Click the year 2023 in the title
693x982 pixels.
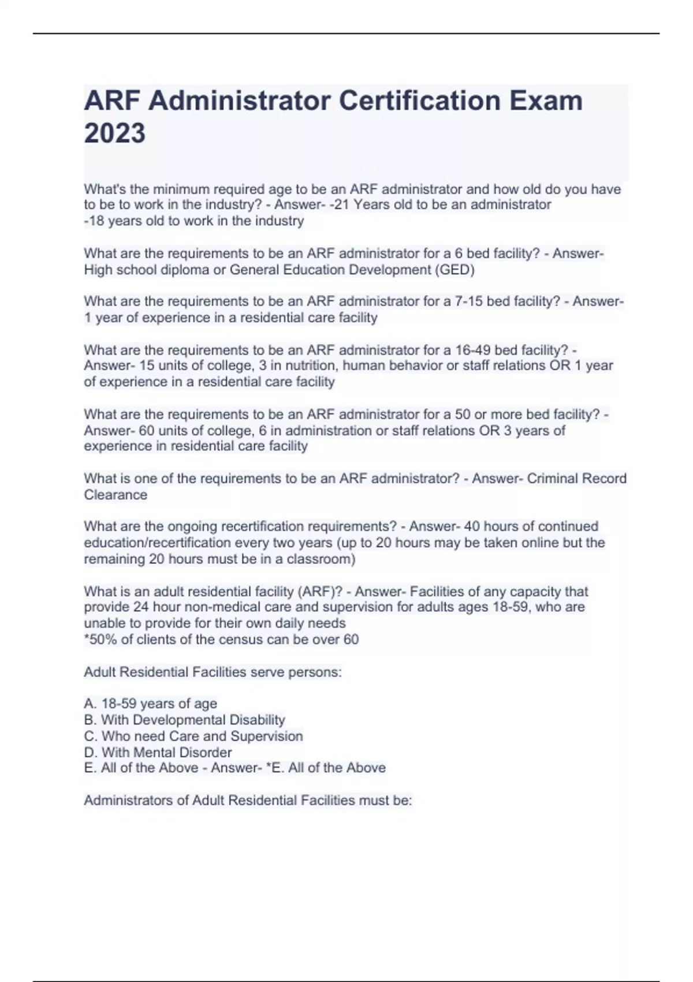(x=115, y=133)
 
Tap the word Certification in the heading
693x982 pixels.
(x=419, y=101)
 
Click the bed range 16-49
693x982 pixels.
(x=473, y=350)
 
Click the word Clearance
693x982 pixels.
(x=115, y=495)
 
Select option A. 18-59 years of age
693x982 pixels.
(x=151, y=704)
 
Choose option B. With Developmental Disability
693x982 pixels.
(x=185, y=720)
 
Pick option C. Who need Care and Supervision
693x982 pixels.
(x=193, y=736)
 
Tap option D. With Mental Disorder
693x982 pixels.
(x=158, y=752)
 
